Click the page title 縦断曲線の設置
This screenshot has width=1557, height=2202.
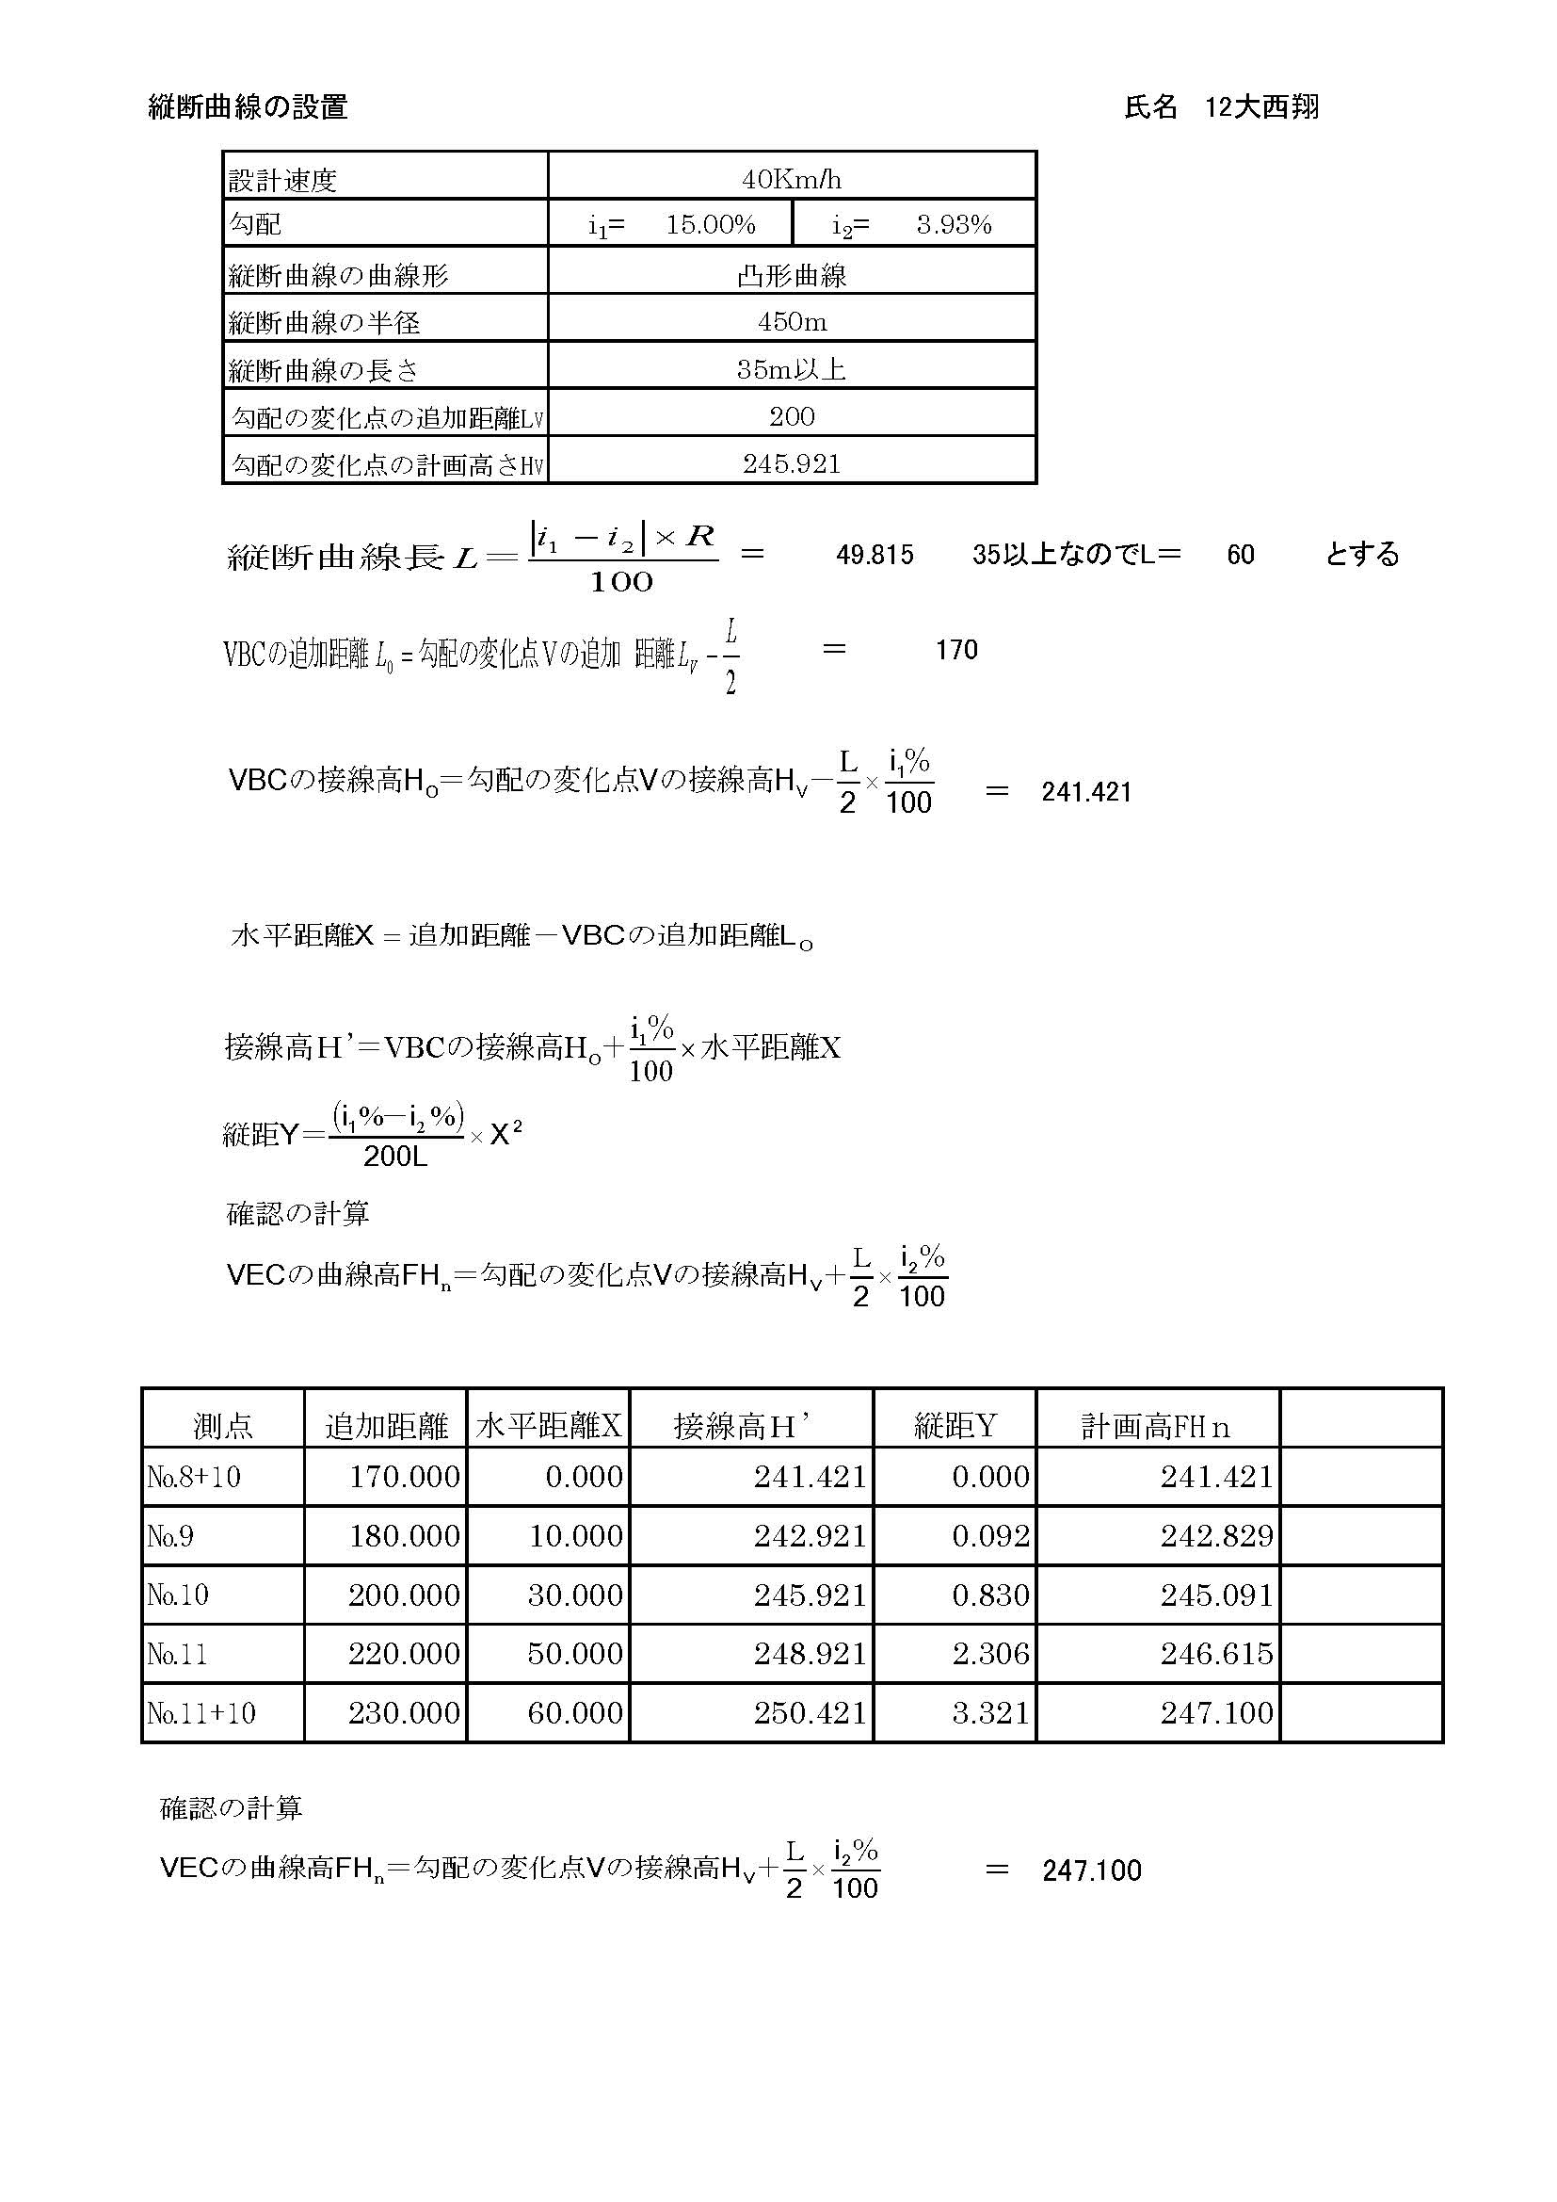pyautogui.click(x=248, y=106)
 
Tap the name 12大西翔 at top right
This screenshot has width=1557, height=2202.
pyautogui.click(x=1260, y=106)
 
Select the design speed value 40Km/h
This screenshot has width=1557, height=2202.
pyautogui.click(x=791, y=179)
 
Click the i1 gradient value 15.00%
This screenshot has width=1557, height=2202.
pyautogui.click(x=711, y=225)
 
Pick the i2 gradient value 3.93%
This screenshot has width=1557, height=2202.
pyautogui.click(x=953, y=225)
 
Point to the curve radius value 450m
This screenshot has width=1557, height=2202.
pyautogui.click(x=791, y=321)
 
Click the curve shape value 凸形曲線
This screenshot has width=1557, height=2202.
pyautogui.click(x=791, y=276)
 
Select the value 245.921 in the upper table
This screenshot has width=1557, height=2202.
pyautogui.click(x=791, y=464)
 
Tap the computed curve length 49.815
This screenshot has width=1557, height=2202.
pyautogui.click(x=875, y=556)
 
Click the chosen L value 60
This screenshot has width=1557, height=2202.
pyautogui.click(x=1240, y=556)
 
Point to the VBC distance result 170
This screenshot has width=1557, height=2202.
pyautogui.click(x=955, y=650)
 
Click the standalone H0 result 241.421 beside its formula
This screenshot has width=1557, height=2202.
pyautogui.click(x=1086, y=792)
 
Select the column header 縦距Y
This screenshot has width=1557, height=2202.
pyautogui.click(x=954, y=1427)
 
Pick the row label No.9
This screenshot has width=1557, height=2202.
pyautogui.click(x=170, y=1536)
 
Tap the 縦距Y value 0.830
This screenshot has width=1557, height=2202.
pyautogui.click(x=990, y=1595)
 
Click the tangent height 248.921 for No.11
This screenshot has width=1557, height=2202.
pyautogui.click(x=810, y=1654)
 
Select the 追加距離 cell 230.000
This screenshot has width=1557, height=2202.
pyautogui.click(x=404, y=1713)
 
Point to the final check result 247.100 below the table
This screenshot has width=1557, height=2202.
pyautogui.click(x=1091, y=1871)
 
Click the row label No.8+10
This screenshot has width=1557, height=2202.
pyautogui.click(x=194, y=1477)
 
